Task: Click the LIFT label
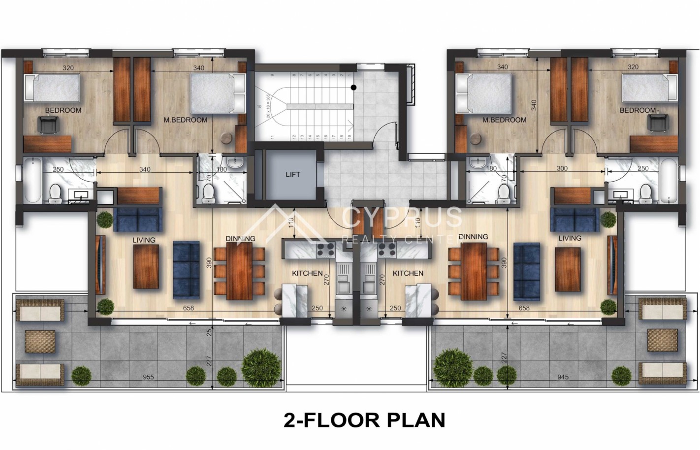click(x=293, y=174)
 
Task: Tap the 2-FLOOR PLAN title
click(x=364, y=420)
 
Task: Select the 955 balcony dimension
click(x=148, y=378)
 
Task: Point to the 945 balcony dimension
click(x=563, y=378)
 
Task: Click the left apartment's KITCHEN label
click(x=307, y=273)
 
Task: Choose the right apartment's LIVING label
click(x=570, y=238)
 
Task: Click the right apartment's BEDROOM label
click(x=637, y=111)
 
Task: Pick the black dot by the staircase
click(x=353, y=88)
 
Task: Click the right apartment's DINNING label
click(x=473, y=237)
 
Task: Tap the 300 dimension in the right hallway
click(x=562, y=168)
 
